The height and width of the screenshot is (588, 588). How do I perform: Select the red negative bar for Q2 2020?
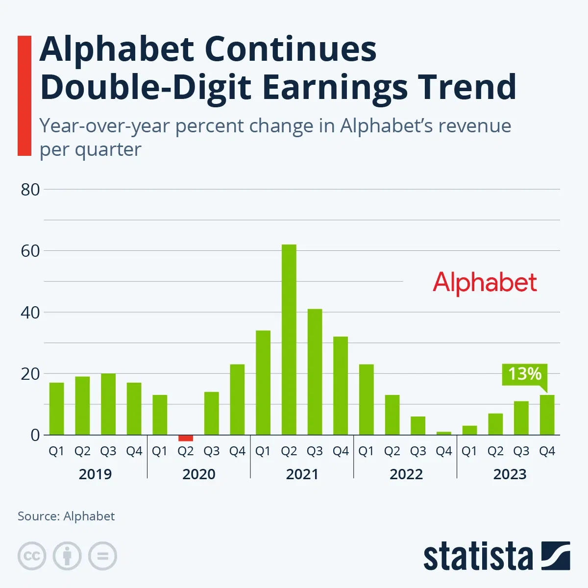pos(186,438)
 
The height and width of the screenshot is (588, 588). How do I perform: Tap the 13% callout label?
pos(524,374)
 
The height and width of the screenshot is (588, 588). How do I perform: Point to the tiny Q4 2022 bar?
pos(444,433)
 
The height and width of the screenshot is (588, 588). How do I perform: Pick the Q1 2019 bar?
pos(57,409)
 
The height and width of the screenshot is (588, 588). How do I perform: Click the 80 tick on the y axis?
pos(30,190)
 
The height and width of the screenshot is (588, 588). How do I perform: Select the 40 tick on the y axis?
pos(30,313)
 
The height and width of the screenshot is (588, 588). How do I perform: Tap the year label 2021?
pos(302,474)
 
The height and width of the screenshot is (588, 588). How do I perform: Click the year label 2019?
pos(96,474)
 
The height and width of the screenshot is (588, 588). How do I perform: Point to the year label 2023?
pos(510,474)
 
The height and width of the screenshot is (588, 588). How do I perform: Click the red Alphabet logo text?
pos(485,283)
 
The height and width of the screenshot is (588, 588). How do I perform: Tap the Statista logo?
pos(496,556)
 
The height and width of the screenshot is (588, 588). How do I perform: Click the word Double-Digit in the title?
pos(147,87)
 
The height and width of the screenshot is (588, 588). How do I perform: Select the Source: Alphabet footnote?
pos(66,516)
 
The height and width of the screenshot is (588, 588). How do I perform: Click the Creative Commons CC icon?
pos(32,556)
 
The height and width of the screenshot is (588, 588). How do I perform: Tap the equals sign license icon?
pos(102,556)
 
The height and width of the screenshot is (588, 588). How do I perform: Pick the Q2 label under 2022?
pos(392,451)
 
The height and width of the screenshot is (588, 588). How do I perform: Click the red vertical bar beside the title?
pos(24,96)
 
